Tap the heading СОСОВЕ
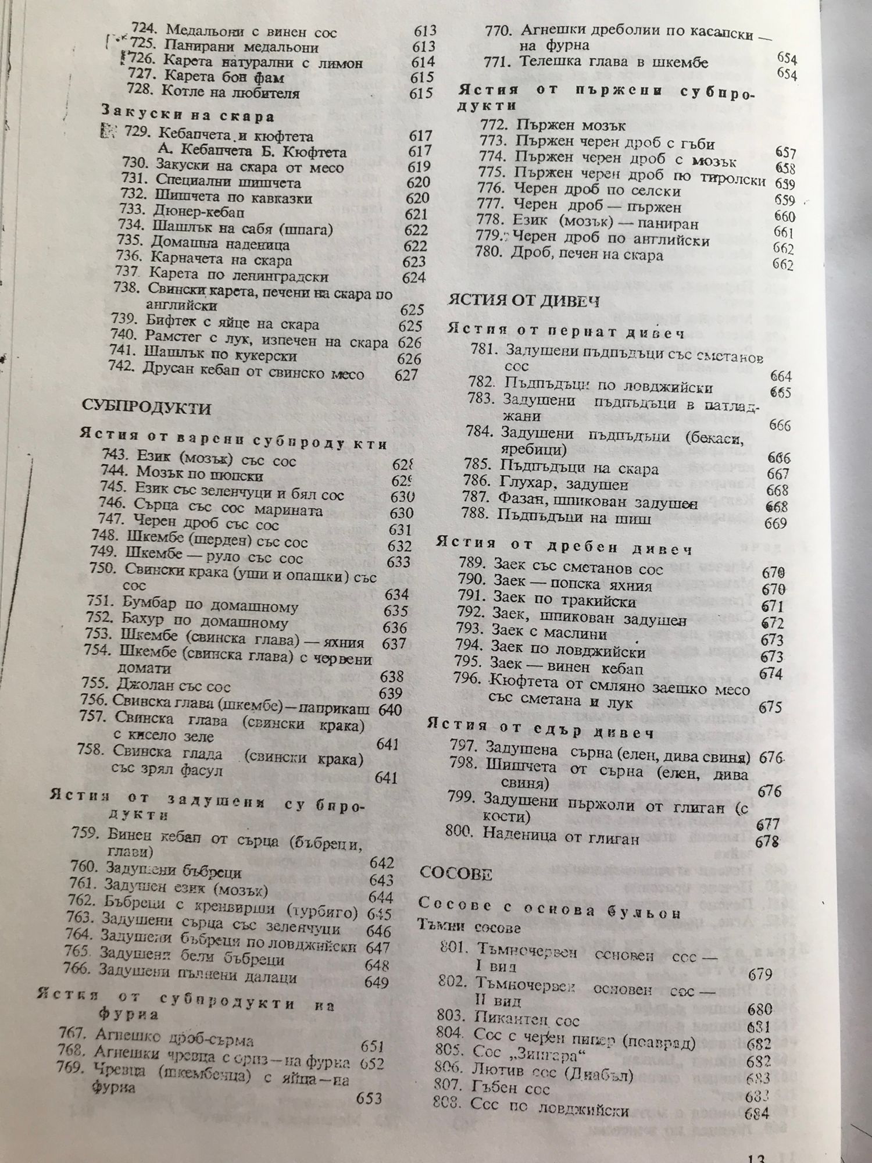(x=456, y=874)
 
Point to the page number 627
(x=406, y=375)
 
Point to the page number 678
(x=767, y=841)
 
